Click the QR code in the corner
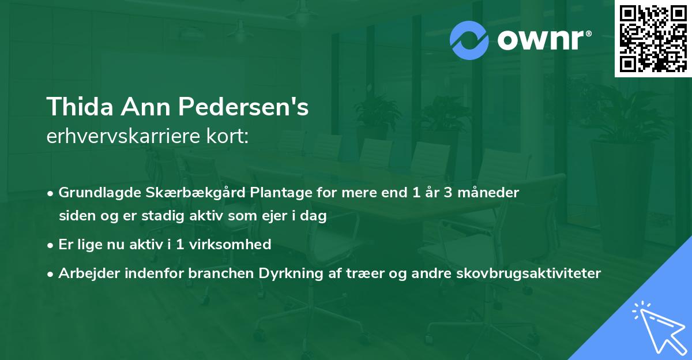pyautogui.click(x=653, y=39)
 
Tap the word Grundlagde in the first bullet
pyautogui.click(x=95, y=193)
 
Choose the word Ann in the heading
pyautogui.click(x=151, y=107)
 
